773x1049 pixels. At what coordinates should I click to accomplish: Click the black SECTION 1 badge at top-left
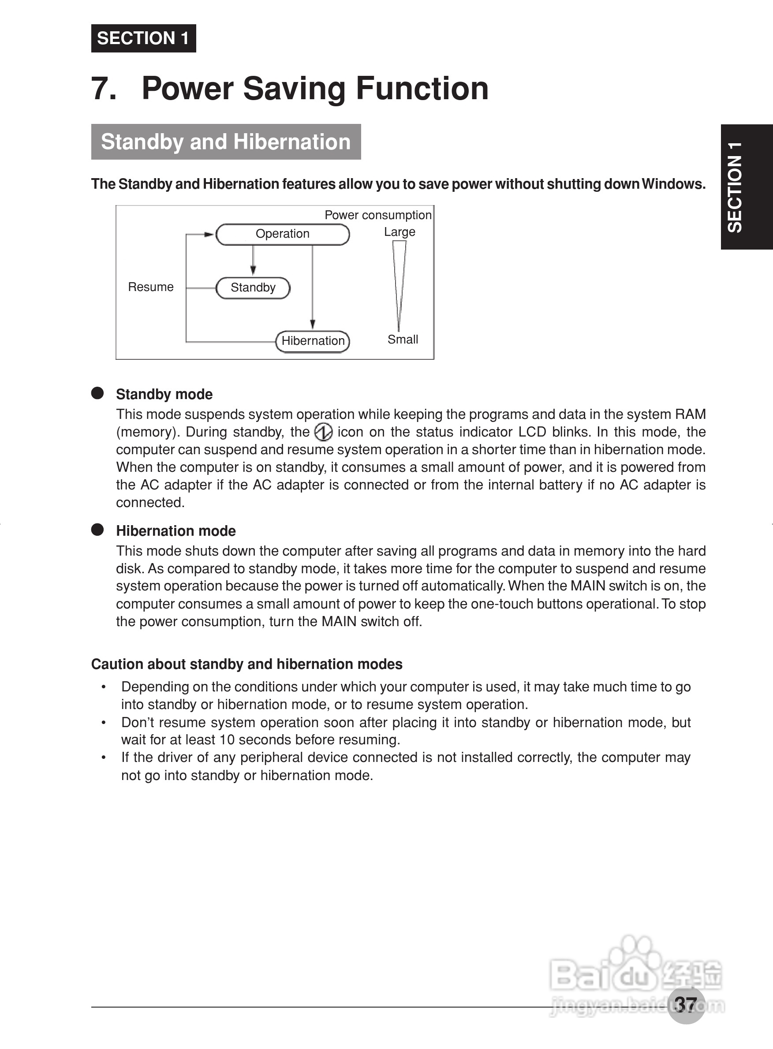pyautogui.click(x=143, y=38)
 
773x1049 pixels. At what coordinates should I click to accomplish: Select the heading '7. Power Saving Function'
pyautogui.click(x=290, y=89)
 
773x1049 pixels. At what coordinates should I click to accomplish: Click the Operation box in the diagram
pyautogui.click(x=282, y=234)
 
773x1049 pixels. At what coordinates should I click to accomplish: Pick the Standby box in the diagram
pyautogui.click(x=253, y=287)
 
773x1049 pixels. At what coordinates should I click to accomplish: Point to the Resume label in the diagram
pyautogui.click(x=151, y=287)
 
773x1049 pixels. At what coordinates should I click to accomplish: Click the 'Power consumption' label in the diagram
pyautogui.click(x=377, y=215)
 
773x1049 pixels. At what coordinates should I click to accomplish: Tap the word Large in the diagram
pyautogui.click(x=399, y=232)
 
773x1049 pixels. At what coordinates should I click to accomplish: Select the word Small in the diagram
pyautogui.click(x=403, y=339)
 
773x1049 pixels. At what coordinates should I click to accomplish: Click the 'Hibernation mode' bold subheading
pyautogui.click(x=176, y=530)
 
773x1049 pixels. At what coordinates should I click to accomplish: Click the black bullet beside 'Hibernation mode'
pyautogui.click(x=97, y=530)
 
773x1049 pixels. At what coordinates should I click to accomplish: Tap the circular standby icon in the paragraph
pyautogui.click(x=323, y=432)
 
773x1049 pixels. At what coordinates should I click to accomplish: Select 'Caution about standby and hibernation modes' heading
pyautogui.click(x=246, y=664)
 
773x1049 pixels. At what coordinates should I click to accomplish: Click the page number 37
pyautogui.click(x=686, y=1004)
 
